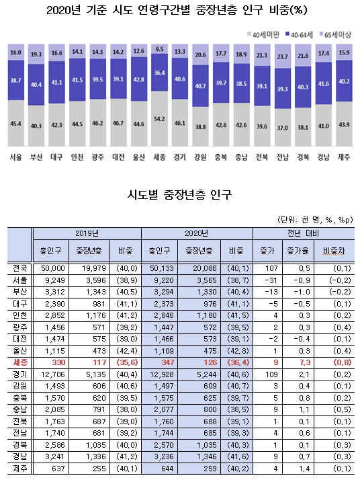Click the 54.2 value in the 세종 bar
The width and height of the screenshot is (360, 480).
[159, 119]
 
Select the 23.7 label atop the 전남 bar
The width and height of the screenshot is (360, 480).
[282, 56]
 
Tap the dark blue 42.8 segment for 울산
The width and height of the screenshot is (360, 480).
[139, 79]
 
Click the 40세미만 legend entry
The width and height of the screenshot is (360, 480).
[263, 34]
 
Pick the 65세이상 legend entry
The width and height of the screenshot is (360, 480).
[335, 34]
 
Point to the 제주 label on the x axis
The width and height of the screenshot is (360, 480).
[344, 157]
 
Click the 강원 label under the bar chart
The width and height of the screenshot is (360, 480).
[200, 157]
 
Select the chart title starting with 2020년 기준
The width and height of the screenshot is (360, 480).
[177, 10]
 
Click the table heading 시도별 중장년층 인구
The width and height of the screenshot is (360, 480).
[179, 194]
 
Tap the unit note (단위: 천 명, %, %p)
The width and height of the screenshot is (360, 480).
[315, 219]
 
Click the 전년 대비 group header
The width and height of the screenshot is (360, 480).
[303, 233]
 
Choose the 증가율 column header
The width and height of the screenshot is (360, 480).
[298, 251]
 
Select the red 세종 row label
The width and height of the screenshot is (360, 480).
[20, 362]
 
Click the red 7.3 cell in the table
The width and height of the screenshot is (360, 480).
[304, 362]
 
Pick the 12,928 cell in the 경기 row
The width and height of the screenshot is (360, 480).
[162, 374]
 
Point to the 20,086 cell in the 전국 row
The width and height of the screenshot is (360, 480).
[205, 268]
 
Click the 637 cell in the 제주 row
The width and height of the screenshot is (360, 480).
[58, 469]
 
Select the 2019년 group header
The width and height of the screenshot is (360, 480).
[87, 233]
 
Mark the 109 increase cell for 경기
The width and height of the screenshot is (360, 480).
[271, 374]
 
